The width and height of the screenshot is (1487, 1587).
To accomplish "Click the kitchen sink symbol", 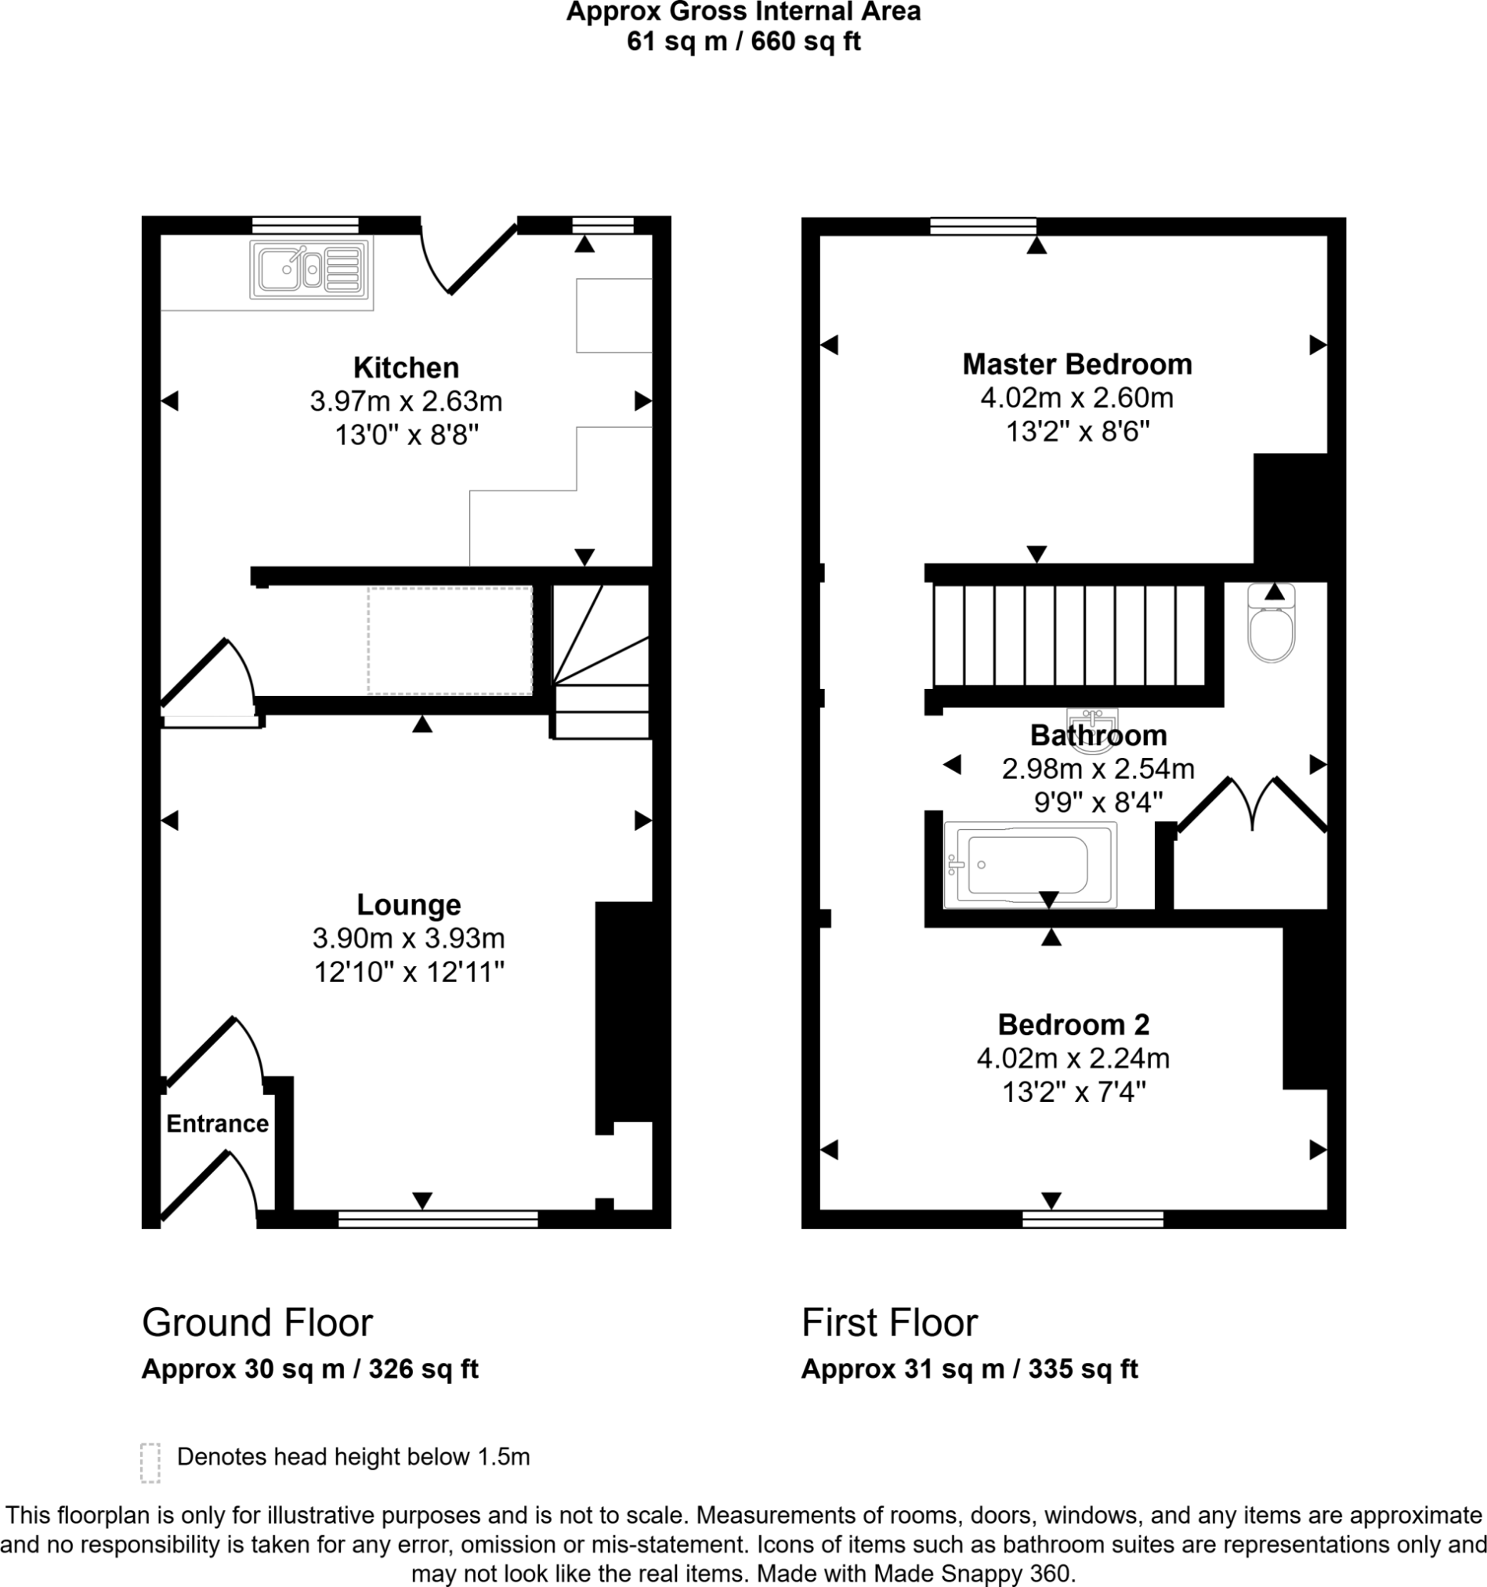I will [x=309, y=269].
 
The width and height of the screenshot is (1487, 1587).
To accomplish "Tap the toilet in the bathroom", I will [x=1271, y=631].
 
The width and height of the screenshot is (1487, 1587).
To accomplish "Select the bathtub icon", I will [x=1029, y=865].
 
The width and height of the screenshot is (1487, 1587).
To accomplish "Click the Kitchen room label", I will [x=407, y=368].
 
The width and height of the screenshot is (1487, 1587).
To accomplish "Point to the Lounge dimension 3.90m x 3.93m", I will [x=409, y=938].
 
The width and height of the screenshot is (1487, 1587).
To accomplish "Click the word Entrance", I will [x=217, y=1124].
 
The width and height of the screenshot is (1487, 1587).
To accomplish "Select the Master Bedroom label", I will [x=1076, y=365].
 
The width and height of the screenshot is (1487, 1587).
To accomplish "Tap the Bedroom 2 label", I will [x=1073, y=1024].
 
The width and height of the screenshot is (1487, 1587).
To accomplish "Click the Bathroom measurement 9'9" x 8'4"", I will [x=1098, y=802].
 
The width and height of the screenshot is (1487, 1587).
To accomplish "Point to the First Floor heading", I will [x=889, y=1324].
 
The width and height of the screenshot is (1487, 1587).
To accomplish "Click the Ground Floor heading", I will [x=257, y=1324].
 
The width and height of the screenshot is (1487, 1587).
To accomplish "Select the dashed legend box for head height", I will [x=150, y=1462].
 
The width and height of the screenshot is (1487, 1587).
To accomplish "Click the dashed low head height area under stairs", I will [x=450, y=640].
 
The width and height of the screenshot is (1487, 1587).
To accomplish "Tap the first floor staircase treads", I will [x=1069, y=636].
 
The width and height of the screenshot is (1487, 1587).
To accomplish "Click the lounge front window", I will [x=437, y=1219].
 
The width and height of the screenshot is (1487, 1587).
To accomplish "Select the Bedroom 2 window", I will [x=1093, y=1219].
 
